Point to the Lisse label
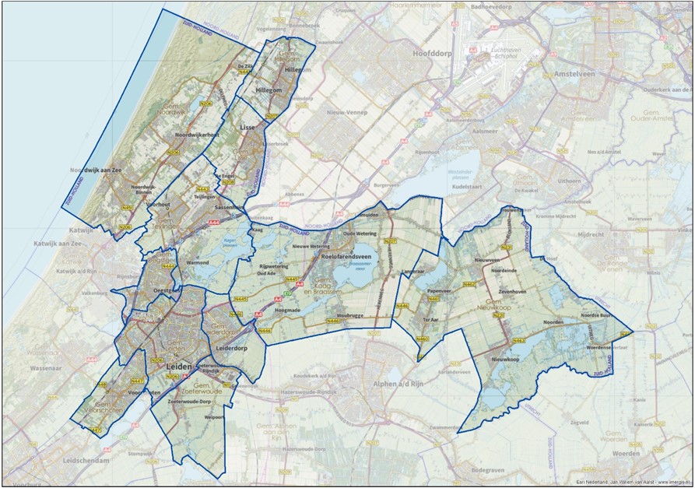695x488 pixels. coord(248,126)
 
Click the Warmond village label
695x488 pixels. coord(198,264)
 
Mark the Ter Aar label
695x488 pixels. coord(431,319)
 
